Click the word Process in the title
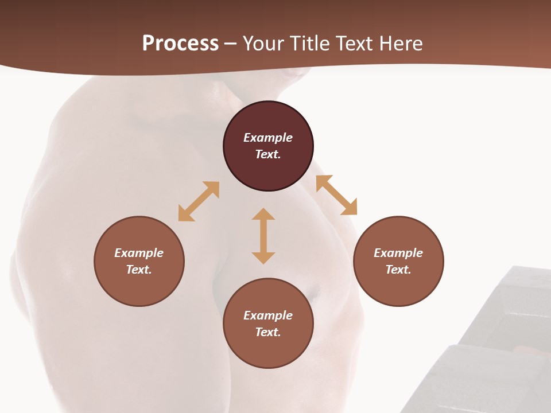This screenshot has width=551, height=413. (180, 43)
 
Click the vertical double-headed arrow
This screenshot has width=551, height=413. (263, 236)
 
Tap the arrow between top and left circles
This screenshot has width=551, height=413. (199, 201)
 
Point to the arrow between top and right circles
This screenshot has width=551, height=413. (336, 195)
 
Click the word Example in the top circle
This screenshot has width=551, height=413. (268, 138)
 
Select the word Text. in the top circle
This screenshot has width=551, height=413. (268, 154)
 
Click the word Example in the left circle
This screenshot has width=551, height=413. (139, 253)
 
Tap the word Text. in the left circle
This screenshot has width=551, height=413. (139, 270)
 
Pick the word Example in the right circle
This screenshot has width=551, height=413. (398, 253)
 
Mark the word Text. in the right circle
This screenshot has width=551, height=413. (398, 270)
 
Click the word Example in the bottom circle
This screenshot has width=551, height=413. (268, 315)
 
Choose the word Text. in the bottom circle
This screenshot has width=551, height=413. (268, 332)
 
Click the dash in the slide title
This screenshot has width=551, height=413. (231, 44)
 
